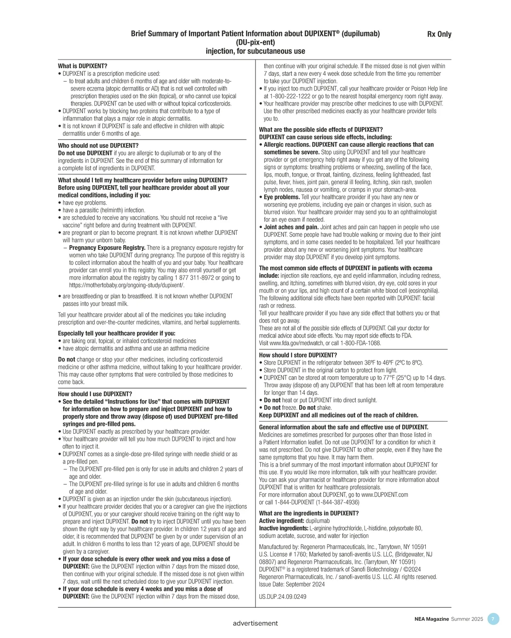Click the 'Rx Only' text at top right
[x=439, y=34]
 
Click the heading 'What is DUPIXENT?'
[x=83, y=66]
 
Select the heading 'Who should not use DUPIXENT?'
[x=98, y=146]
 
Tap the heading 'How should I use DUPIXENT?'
[x=95, y=394]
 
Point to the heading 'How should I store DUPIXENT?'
[x=298, y=355]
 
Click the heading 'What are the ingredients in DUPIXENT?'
[x=309, y=513]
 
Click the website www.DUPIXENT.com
[x=385, y=495]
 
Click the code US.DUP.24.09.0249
[x=282, y=597]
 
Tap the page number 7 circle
[x=493, y=619]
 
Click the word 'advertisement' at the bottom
[x=255, y=623]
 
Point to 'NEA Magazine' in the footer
[x=431, y=619]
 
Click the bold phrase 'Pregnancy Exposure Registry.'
[x=107, y=248]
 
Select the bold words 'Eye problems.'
[x=281, y=197]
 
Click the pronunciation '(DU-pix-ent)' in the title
[x=255, y=43]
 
